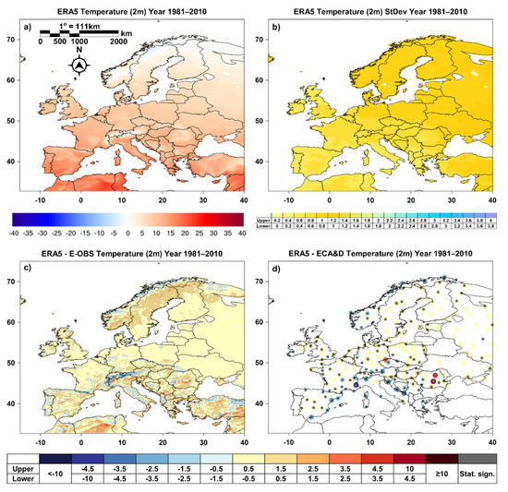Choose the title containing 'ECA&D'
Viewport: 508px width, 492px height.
pyautogui.click(x=376, y=254)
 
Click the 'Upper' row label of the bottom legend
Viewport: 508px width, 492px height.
pyautogui.click(x=33, y=462)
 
